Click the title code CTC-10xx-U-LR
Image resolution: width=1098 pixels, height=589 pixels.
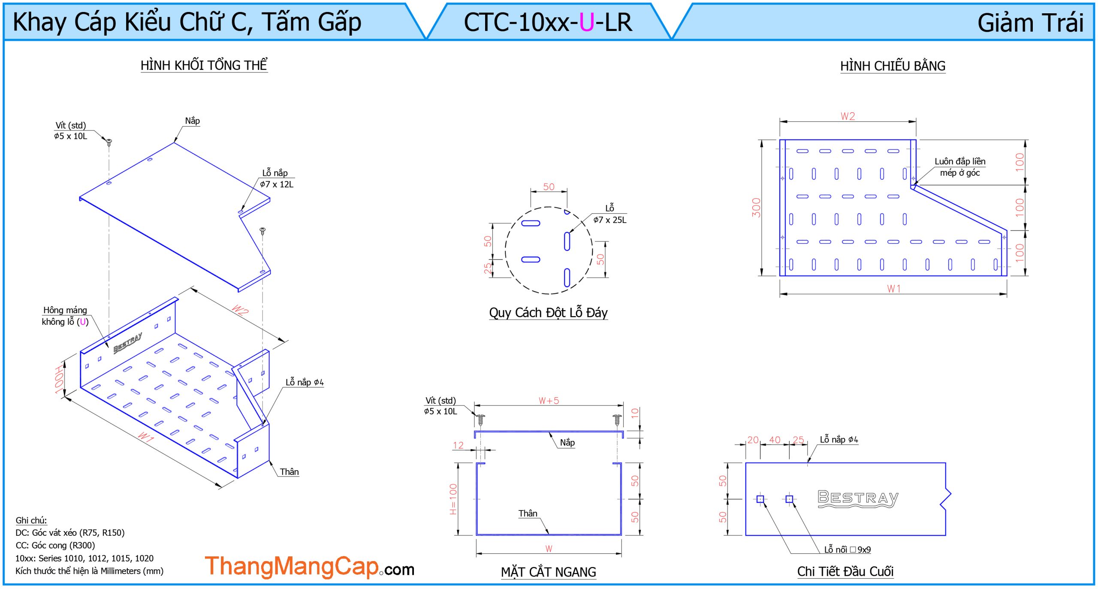548,22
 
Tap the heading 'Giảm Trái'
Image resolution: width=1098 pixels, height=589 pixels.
1030,23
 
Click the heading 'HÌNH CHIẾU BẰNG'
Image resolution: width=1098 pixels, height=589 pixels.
893,66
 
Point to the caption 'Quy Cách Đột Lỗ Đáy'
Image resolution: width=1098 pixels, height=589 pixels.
548,312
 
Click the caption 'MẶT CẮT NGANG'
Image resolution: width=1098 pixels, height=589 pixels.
548,572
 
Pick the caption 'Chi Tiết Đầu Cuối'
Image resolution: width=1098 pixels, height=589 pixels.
845,571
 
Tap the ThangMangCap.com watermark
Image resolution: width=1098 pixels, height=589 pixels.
309,566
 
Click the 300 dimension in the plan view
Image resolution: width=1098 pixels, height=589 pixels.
756,208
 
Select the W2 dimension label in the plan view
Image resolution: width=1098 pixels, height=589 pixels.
848,116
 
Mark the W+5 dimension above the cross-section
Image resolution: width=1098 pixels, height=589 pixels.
549,401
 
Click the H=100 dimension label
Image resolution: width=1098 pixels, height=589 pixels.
453,499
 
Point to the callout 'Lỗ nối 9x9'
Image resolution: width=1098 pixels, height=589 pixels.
847,550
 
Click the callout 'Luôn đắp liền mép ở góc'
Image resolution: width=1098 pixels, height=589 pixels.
960,167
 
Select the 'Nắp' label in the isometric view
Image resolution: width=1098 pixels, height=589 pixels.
193,121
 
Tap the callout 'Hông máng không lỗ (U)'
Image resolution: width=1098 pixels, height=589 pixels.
65,316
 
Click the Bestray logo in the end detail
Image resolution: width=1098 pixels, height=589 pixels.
858,498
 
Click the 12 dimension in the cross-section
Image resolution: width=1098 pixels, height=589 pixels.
458,445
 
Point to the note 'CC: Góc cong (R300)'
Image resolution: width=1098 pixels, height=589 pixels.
55,545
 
